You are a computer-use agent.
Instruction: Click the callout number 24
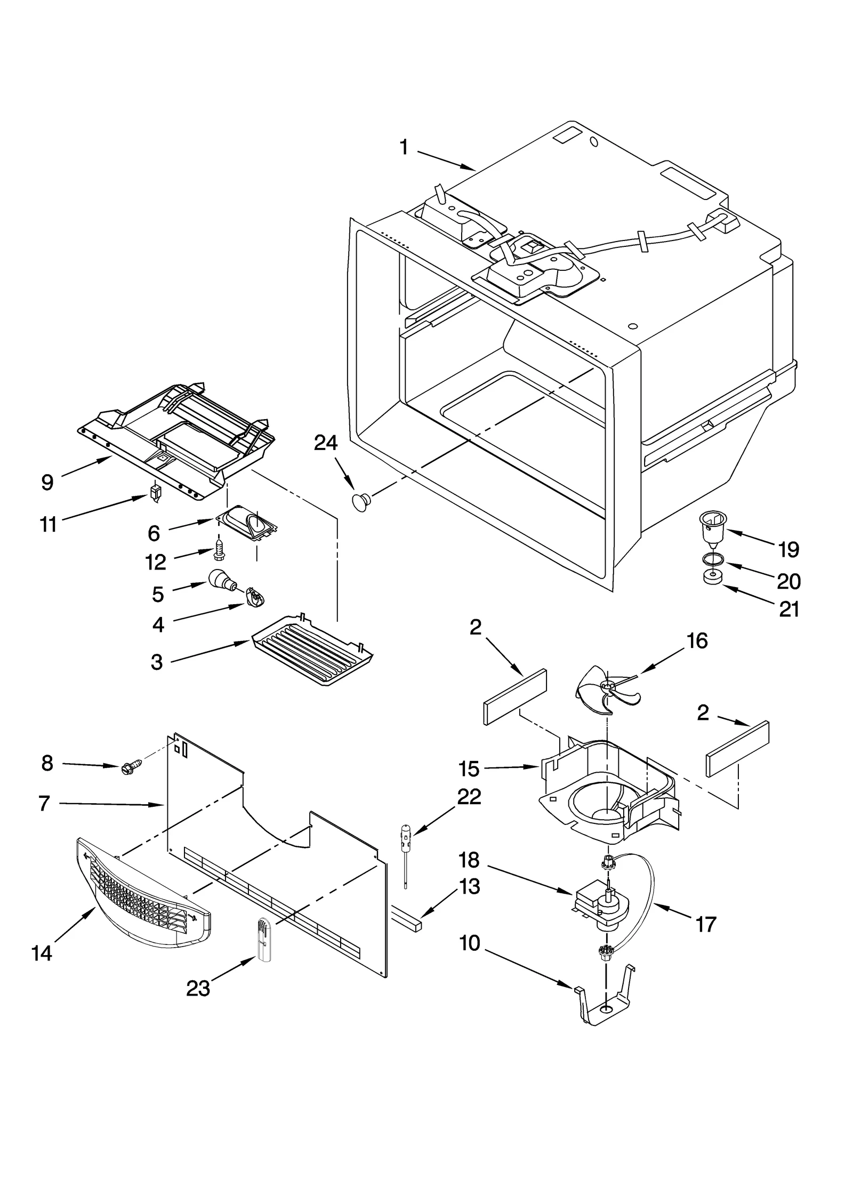point(325,443)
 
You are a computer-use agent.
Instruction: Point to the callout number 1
point(404,147)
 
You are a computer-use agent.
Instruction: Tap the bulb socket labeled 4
point(254,598)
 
